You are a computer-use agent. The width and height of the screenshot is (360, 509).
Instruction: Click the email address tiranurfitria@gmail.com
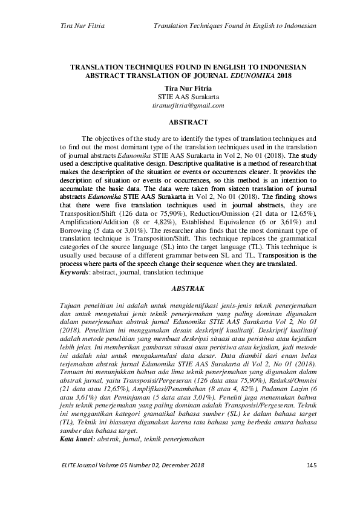click(x=188, y=105)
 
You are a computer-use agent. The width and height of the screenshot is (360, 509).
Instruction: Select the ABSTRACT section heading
click(x=188, y=122)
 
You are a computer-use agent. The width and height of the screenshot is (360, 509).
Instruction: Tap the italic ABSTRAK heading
click(x=188, y=289)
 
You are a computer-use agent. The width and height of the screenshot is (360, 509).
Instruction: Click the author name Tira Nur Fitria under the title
click(x=188, y=88)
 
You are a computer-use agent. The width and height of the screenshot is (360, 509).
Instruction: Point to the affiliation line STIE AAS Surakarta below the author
click(x=188, y=96)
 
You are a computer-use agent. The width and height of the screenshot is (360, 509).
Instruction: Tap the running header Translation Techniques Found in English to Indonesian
click(x=235, y=26)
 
